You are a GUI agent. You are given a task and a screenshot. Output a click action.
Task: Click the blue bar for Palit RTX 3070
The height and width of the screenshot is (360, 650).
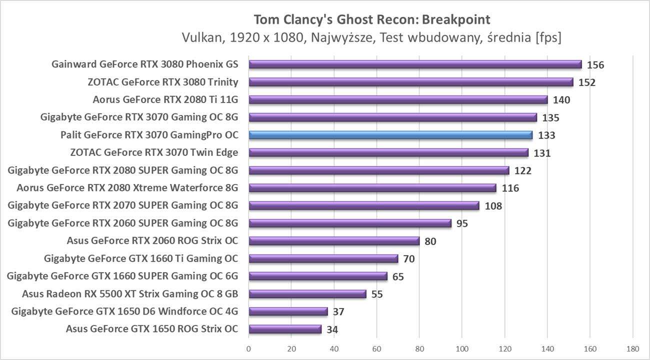390,135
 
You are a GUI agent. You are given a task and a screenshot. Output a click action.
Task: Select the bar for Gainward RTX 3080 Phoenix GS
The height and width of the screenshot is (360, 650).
415,64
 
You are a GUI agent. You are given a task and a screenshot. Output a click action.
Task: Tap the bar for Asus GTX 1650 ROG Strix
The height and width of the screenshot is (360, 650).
285,329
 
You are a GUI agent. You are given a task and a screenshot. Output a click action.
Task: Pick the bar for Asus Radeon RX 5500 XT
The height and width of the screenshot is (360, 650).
307,294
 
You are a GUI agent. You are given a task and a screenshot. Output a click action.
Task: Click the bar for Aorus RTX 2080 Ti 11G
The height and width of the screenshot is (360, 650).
398,99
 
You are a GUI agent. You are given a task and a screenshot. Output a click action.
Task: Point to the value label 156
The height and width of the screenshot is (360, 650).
595,65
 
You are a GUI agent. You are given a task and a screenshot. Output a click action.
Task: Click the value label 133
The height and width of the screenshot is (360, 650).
546,135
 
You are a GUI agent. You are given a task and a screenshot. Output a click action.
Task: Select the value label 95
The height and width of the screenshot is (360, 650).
462,223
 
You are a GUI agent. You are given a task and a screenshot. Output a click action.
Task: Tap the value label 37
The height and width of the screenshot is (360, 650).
338,312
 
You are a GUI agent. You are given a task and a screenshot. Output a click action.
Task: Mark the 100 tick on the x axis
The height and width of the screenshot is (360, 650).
462,348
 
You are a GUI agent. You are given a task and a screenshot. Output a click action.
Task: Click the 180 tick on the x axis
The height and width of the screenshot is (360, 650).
633,348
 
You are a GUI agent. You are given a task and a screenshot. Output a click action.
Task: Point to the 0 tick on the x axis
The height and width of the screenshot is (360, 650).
248,348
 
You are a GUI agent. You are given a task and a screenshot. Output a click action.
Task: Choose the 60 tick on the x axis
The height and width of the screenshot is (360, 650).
376,348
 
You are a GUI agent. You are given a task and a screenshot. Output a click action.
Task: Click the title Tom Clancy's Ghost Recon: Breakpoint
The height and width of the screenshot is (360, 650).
372,19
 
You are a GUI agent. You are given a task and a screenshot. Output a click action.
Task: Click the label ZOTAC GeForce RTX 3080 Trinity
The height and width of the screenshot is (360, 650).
162,82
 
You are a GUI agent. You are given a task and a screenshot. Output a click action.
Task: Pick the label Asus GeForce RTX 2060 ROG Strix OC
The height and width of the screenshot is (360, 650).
152,241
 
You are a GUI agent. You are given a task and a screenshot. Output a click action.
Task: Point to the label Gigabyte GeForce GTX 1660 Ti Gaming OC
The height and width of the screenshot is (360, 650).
141,258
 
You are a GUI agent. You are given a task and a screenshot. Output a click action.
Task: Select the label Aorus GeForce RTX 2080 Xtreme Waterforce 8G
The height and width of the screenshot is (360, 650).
127,188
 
